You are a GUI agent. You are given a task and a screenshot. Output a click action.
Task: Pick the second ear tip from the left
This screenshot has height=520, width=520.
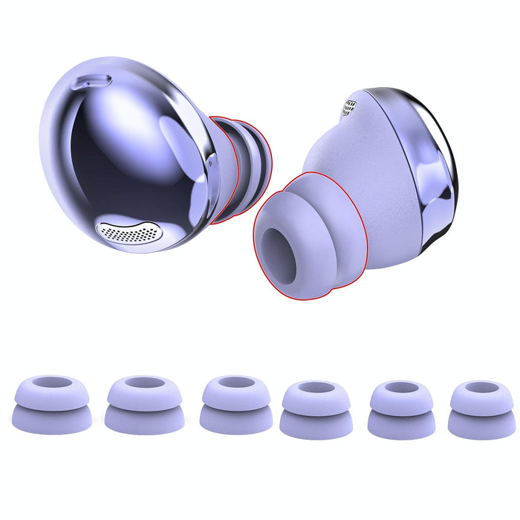tap(142, 405)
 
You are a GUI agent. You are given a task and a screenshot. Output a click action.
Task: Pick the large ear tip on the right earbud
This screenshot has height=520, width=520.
tap(312, 238)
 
